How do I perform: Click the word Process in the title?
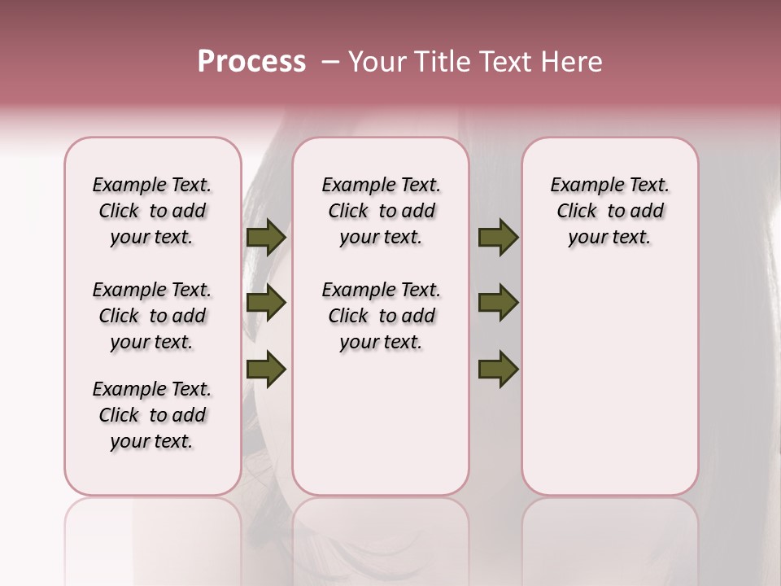point(251,61)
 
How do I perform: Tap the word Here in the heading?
point(569,61)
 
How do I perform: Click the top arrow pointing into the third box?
point(498,237)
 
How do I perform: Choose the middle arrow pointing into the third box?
point(498,303)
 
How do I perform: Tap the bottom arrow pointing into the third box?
point(498,369)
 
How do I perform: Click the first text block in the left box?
point(152,211)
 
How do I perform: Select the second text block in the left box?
point(152,316)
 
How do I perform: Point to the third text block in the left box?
point(152,415)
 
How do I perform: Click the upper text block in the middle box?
point(381,211)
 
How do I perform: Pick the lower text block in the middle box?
point(381,316)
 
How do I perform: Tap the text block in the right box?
point(609,211)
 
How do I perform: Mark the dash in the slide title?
point(330,61)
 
